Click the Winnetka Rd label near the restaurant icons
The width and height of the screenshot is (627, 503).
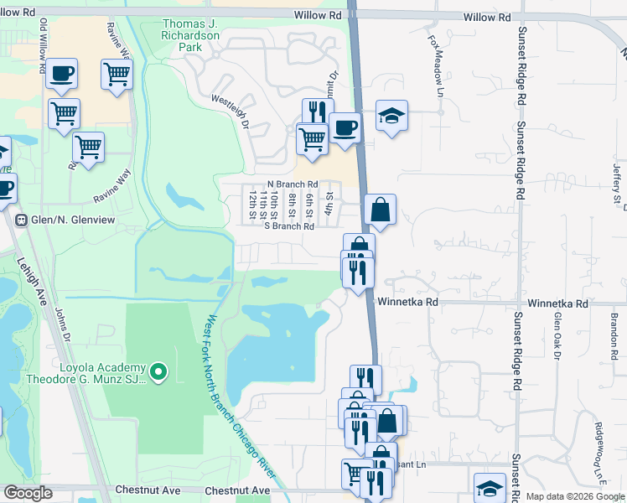click(x=407, y=302)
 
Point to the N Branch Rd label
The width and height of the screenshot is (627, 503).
click(x=292, y=184)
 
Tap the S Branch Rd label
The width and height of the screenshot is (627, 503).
click(x=288, y=226)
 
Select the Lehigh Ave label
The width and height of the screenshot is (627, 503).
click(x=27, y=286)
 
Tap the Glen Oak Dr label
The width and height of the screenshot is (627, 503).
click(x=557, y=335)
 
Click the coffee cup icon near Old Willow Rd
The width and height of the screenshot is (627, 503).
click(x=61, y=74)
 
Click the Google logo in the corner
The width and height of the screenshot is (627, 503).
click(x=28, y=492)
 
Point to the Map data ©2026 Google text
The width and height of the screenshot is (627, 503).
click(x=574, y=496)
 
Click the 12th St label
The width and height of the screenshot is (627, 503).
click(x=252, y=202)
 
